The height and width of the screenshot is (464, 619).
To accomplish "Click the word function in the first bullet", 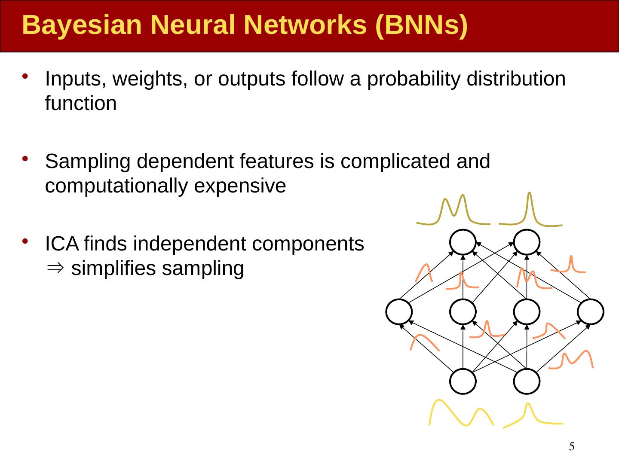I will coord(81,104).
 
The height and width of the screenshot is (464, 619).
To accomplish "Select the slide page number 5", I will coord(572,447).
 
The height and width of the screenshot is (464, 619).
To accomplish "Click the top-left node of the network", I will coord(463,242).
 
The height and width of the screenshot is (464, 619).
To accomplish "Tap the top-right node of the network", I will coord(527,242).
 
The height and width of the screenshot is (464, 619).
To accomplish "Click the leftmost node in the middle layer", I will coord(399,311).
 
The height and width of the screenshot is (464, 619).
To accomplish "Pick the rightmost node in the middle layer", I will coord(591,311).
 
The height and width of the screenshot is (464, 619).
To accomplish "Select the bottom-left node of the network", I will coord(463,381).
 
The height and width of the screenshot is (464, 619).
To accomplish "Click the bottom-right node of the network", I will coord(527,381).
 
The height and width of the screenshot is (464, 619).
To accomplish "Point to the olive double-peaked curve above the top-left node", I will coord(454,213).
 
